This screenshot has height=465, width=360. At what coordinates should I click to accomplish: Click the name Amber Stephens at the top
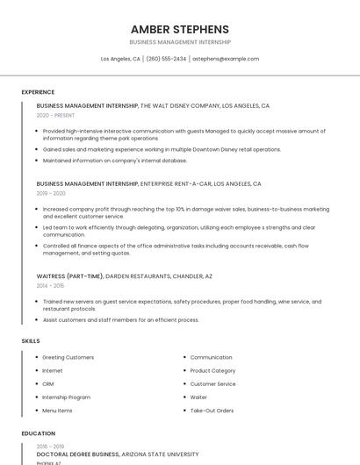(179, 29)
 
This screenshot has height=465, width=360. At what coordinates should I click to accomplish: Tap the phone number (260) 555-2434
(166, 59)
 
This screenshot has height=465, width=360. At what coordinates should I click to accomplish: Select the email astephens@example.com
(226, 59)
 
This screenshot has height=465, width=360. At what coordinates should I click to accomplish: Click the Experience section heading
(38, 92)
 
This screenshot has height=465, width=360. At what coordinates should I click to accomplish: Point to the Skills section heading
(31, 340)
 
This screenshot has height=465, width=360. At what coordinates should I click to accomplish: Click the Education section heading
(39, 433)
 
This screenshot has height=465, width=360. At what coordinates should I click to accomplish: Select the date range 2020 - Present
(56, 115)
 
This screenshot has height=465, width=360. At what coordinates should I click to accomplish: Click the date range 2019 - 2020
(51, 193)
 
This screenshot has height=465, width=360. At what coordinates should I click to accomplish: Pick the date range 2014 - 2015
(50, 285)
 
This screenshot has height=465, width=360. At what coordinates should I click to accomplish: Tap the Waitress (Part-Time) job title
(69, 276)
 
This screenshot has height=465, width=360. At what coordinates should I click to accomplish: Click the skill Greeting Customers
(68, 357)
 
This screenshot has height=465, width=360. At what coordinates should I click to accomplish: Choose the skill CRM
(48, 383)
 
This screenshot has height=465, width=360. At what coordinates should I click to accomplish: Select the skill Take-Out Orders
(212, 411)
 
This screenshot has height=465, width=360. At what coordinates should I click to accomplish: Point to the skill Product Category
(213, 370)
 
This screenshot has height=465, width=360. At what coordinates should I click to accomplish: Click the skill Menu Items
(58, 411)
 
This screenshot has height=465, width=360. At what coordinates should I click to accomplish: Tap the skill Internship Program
(67, 397)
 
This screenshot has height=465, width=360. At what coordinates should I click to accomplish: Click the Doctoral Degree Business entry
(77, 454)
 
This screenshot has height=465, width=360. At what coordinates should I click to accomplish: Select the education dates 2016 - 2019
(51, 446)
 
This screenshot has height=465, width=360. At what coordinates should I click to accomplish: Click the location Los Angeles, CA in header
(120, 59)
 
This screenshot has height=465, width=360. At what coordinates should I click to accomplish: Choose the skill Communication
(212, 357)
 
